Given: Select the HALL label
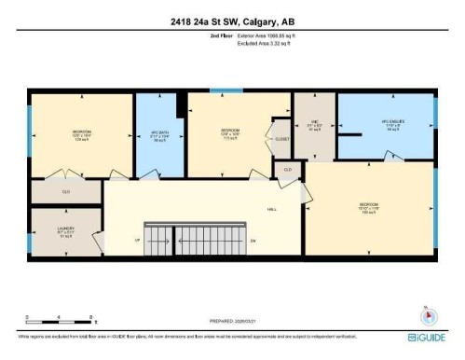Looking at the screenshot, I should point(271,209).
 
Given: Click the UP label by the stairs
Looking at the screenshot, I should point(138,240).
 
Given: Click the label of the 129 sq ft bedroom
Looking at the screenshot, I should point(81,134).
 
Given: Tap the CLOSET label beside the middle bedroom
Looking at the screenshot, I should point(282,139).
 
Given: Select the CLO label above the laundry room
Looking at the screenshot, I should point(65,191).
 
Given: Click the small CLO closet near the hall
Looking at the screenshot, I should point(288,169).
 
